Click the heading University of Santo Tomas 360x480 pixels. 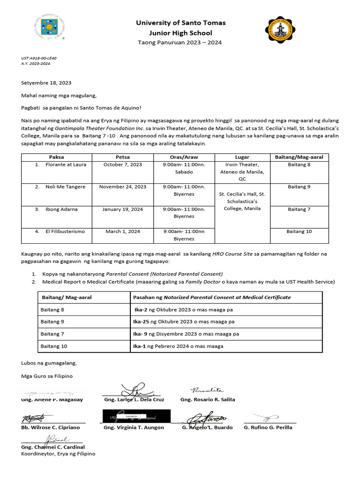pos(180,22)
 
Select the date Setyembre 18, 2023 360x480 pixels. pos(46,83)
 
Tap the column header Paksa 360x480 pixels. pos(56,157)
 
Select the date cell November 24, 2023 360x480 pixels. pos(123,187)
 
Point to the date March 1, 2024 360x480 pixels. pos(123,231)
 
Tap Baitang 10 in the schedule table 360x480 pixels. pos(299,231)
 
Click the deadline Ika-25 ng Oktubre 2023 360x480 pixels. pos(184,322)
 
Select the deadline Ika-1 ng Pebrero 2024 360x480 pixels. pos(179,346)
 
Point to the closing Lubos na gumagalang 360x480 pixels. pos(49,363)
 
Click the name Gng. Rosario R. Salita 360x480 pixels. pos(208,399)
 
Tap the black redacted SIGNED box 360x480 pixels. pos(136,416)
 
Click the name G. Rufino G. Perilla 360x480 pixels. pos(268,427)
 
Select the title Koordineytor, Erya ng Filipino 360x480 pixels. pos(58,454)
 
